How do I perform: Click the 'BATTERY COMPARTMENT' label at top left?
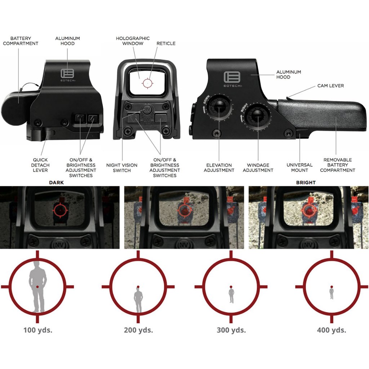point(21,41)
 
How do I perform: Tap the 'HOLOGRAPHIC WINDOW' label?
point(133,41)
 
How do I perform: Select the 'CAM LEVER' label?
point(330,86)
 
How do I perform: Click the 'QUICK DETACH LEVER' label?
point(40,165)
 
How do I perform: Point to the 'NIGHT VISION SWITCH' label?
point(122,168)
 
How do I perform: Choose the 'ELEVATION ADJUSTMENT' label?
point(219,168)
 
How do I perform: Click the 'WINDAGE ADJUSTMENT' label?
point(258,168)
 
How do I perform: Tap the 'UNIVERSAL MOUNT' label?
point(299,168)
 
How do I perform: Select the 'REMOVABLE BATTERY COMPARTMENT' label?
point(338,165)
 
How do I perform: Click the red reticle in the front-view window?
point(147,83)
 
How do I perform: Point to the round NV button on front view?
point(147,109)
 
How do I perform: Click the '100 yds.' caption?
point(38,330)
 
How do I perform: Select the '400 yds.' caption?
point(332,330)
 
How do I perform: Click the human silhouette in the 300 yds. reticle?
point(231,294)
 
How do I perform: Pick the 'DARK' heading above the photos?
point(56,183)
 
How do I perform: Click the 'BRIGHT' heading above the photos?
point(306,183)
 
